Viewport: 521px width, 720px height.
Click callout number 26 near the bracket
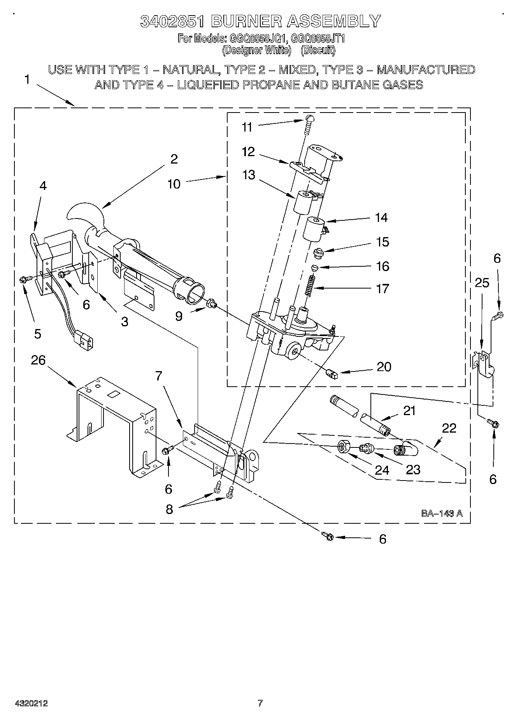tap(38, 360)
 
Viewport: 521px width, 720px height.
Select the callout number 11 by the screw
tap(247, 127)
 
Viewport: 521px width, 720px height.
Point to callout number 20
tap(384, 367)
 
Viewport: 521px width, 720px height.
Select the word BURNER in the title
tap(247, 21)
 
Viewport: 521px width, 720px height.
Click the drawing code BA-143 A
tap(442, 514)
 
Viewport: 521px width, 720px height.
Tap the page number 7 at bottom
tap(260, 703)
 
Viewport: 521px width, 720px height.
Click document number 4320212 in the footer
tap(31, 703)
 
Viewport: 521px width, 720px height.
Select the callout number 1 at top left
tap(26, 79)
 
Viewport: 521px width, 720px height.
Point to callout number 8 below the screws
tap(169, 509)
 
